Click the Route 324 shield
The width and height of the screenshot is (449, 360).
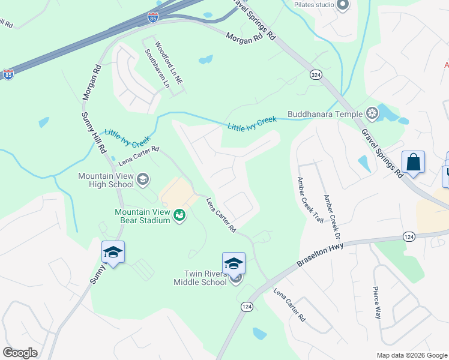pos(316,74)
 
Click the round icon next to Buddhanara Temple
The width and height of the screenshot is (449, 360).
pos(373,113)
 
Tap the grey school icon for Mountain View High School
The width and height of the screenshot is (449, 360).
pos(143,179)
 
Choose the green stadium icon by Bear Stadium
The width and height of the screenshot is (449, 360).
pos(179,215)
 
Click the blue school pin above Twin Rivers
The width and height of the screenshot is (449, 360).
pos(234,263)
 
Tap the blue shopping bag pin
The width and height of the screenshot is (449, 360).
pos(413,162)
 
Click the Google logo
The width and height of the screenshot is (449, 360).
pos(20,353)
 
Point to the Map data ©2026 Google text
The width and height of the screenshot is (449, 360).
pos(411,355)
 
